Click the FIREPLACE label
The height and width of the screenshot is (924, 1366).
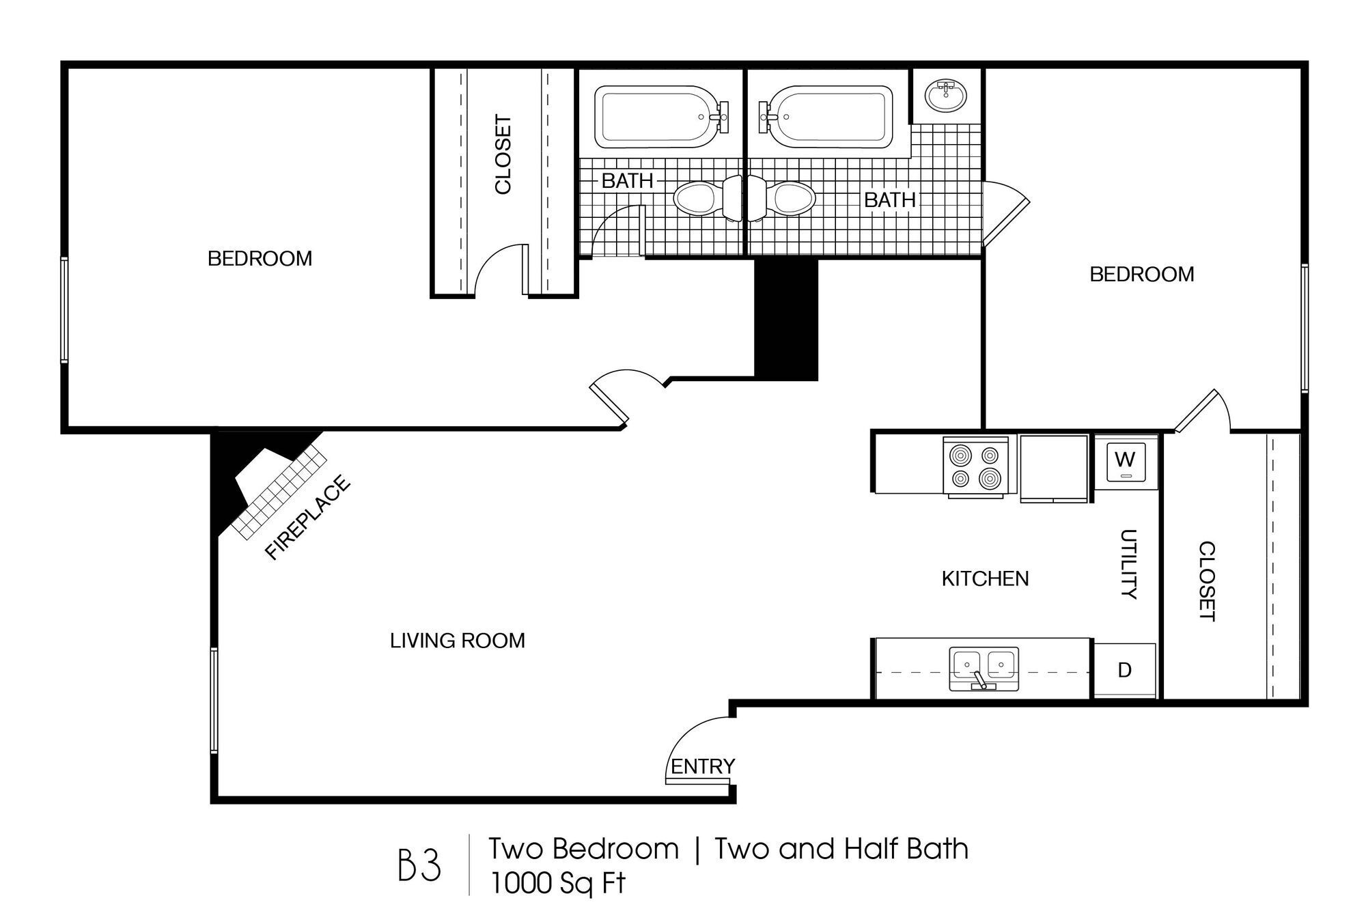(x=307, y=518)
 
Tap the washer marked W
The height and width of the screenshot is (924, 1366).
(x=1124, y=463)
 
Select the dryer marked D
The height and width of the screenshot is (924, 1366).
(x=1124, y=670)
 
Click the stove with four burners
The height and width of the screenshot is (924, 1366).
(x=975, y=466)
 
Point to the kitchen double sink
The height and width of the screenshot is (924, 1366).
(x=984, y=668)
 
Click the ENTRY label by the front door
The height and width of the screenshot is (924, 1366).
(x=702, y=766)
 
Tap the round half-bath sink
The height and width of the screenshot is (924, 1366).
(x=947, y=95)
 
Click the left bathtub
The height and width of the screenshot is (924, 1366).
(x=656, y=117)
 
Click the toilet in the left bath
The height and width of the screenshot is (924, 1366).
(x=703, y=199)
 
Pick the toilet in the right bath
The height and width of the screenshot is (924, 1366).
(x=785, y=199)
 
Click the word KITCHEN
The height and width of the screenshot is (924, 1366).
(x=984, y=578)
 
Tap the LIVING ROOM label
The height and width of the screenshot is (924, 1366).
(x=457, y=641)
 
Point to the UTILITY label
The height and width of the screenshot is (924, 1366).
(x=1128, y=564)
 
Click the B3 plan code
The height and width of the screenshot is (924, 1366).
(x=419, y=865)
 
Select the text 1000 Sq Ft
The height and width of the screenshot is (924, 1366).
(x=557, y=884)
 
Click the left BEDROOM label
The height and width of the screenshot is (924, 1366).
(x=260, y=258)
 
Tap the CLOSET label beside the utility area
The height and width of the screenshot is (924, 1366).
(x=1207, y=581)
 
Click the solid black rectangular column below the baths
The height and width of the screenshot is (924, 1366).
(x=785, y=319)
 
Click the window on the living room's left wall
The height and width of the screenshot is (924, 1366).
(x=214, y=700)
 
